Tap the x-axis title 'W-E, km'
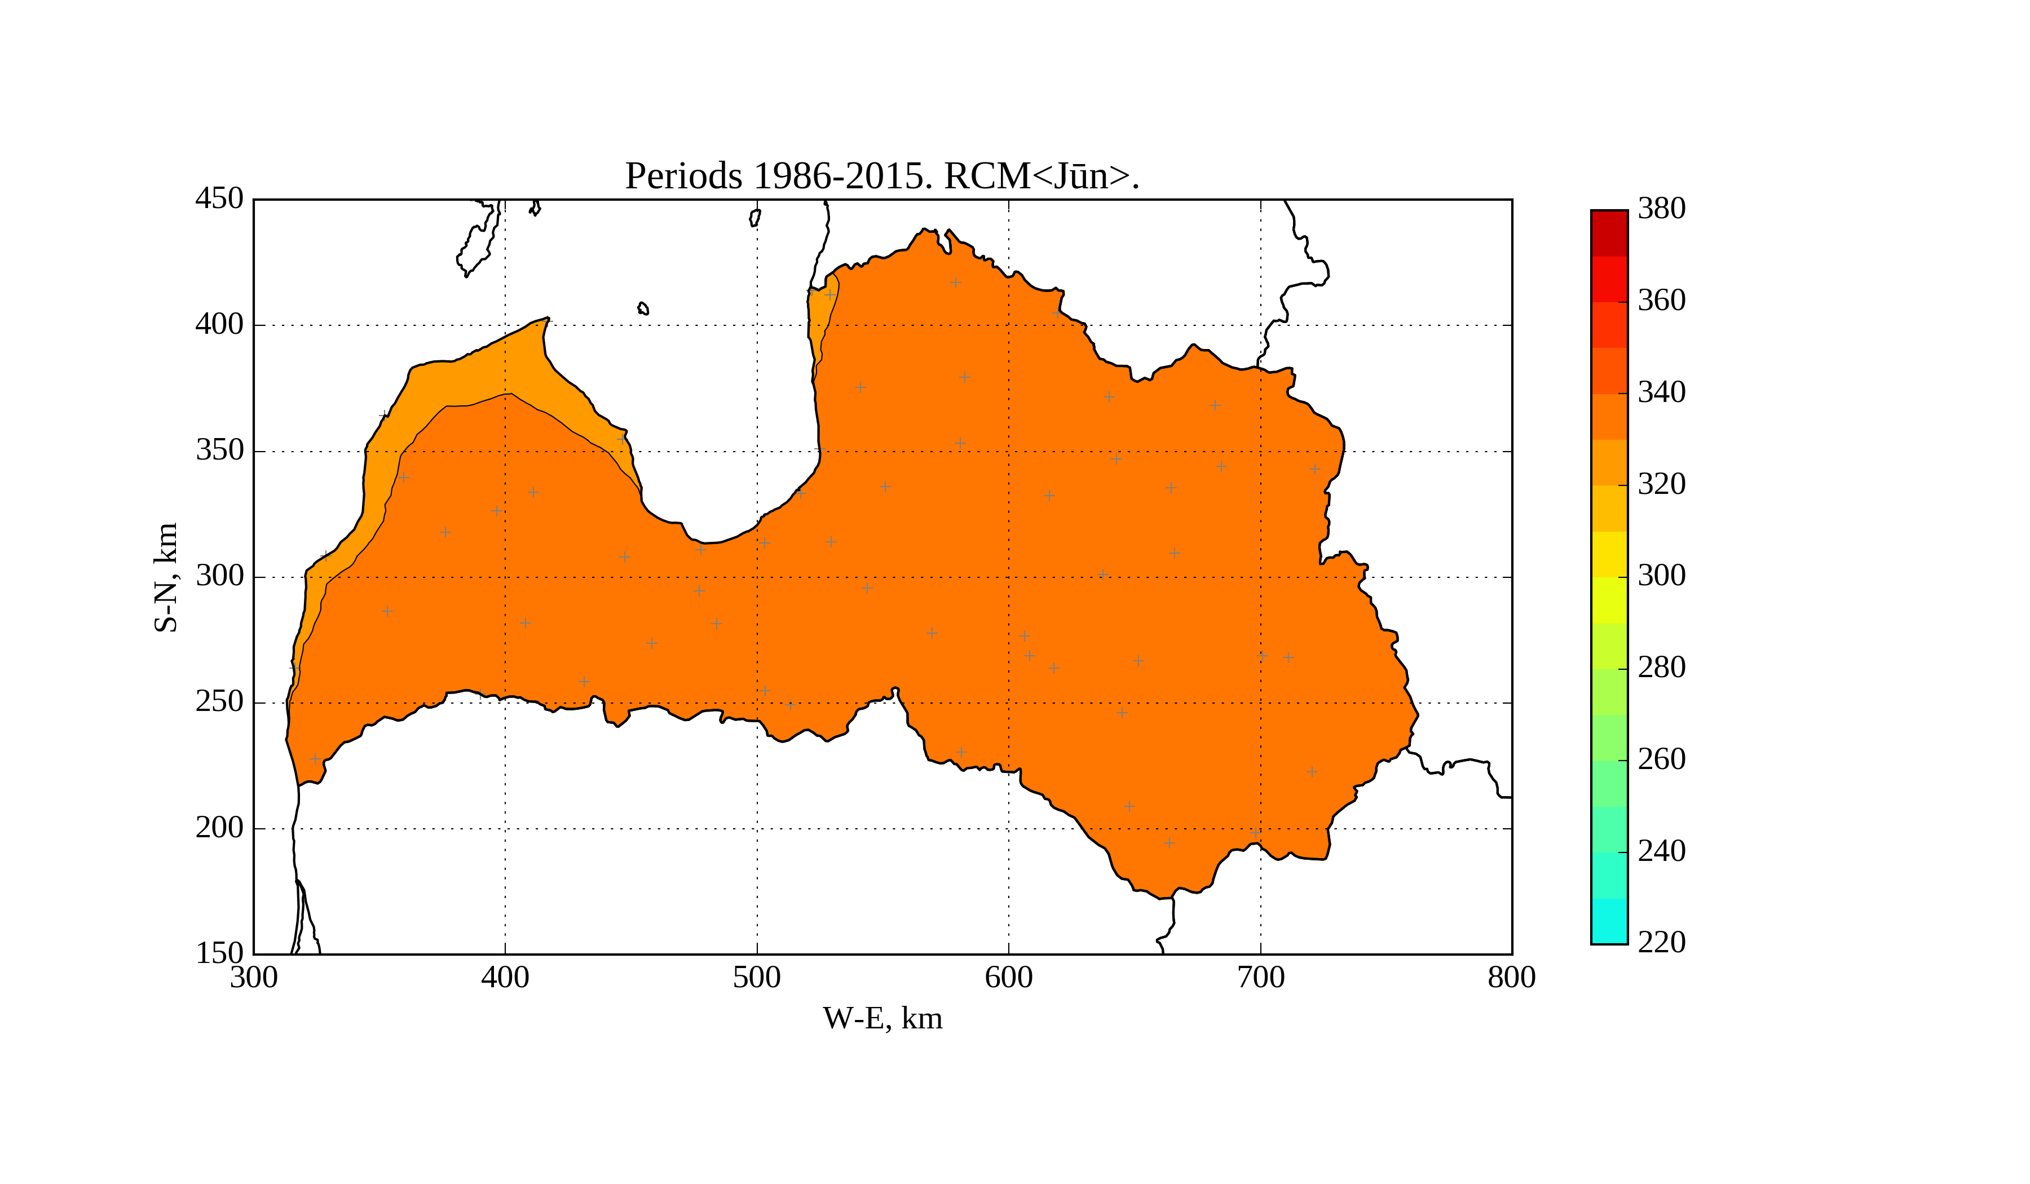point(882,1019)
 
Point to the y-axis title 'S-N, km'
point(166,577)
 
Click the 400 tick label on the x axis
point(505,978)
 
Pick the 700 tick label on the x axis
point(1261,978)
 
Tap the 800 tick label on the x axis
point(1511,978)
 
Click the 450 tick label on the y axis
point(219,199)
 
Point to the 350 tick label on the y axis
point(219,451)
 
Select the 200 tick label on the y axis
point(219,828)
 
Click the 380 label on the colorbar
point(1662,209)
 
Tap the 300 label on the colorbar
point(1662,576)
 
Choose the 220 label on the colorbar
point(1662,942)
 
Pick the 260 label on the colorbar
point(1662,759)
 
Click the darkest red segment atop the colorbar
point(1609,233)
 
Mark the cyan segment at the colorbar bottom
point(1609,921)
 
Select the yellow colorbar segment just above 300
point(1609,554)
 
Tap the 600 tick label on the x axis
point(1009,978)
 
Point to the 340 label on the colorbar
point(1662,393)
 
